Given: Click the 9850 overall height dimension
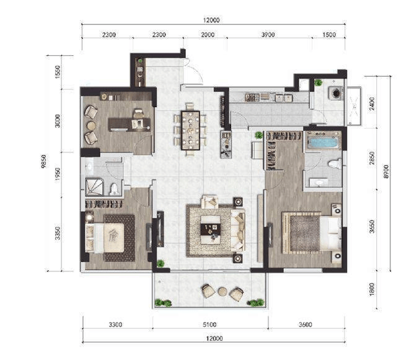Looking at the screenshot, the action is pos(43,161).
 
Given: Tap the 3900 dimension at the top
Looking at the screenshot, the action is pos(268,35).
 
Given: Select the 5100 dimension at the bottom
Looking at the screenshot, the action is pos(209,325).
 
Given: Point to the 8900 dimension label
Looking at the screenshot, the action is pos(386,172).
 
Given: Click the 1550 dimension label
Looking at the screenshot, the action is pos(58,72).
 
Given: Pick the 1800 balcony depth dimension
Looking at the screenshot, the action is pos(372,289).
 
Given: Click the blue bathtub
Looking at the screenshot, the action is pos(323,143).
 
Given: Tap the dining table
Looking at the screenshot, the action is pos(191,131).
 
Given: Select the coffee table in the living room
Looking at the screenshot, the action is pos(211,229).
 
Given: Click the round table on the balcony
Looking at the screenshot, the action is pos(222,292).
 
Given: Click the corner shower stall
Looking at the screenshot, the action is pos(95,187).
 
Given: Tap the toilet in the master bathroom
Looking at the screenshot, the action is pos(335,164).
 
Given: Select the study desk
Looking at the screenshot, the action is pos(130,125).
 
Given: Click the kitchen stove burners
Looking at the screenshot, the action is pos(252,97).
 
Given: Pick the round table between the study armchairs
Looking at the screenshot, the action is pos(91,126).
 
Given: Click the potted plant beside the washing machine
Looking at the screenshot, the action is pos(318,82).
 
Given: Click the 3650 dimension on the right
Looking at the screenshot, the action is pos(372,226).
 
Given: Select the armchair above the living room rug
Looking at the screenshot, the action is pos(209,201).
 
